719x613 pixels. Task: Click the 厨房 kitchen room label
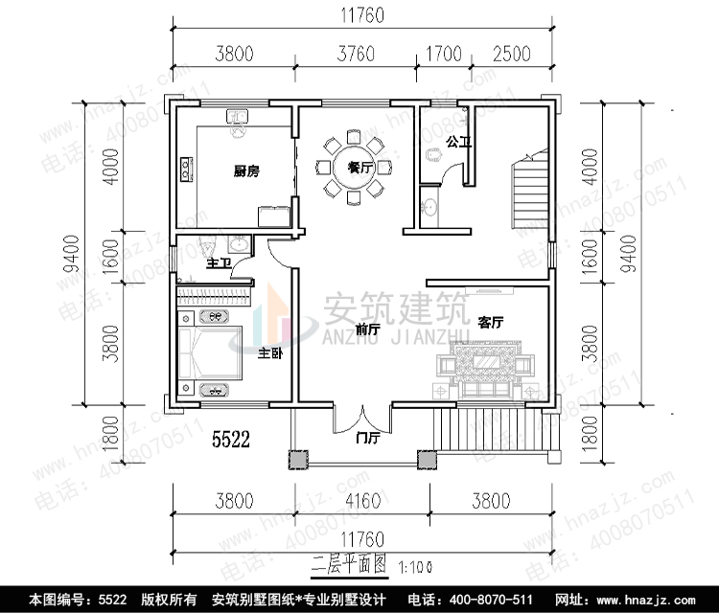tap(245, 172)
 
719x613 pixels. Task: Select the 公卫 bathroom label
tap(459, 142)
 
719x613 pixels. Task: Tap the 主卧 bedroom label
tap(270, 352)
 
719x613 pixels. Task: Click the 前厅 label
tap(367, 329)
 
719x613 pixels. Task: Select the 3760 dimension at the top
tap(357, 54)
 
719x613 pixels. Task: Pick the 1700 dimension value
tap(442, 54)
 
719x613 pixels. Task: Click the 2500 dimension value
tap(512, 54)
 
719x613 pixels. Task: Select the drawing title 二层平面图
tap(347, 565)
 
